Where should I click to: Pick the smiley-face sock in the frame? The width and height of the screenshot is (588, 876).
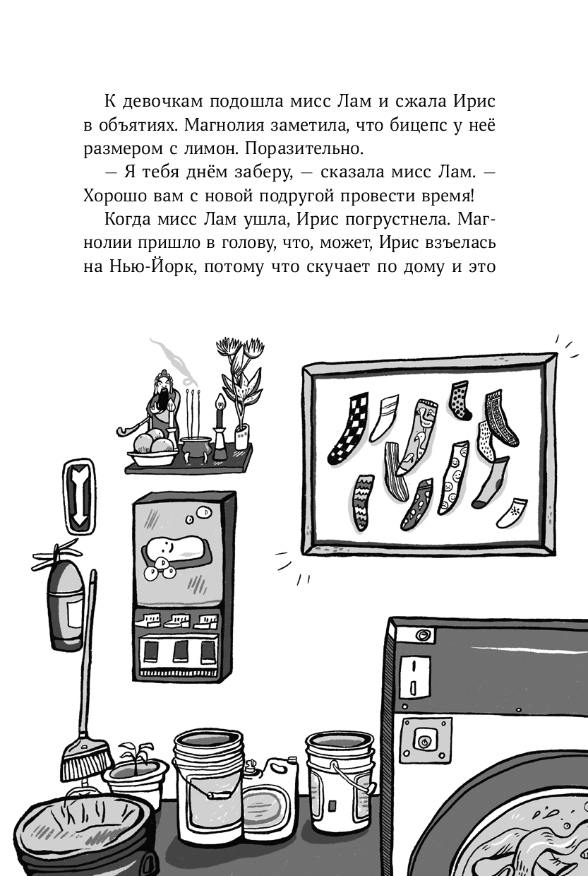coord(452,477)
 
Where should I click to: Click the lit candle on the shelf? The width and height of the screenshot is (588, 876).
coord(220,425)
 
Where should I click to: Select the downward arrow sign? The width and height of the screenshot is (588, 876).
coord(78,496)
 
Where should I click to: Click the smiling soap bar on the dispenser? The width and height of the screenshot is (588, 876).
coord(174,547)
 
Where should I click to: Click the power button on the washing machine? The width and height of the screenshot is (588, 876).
coord(424,740)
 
